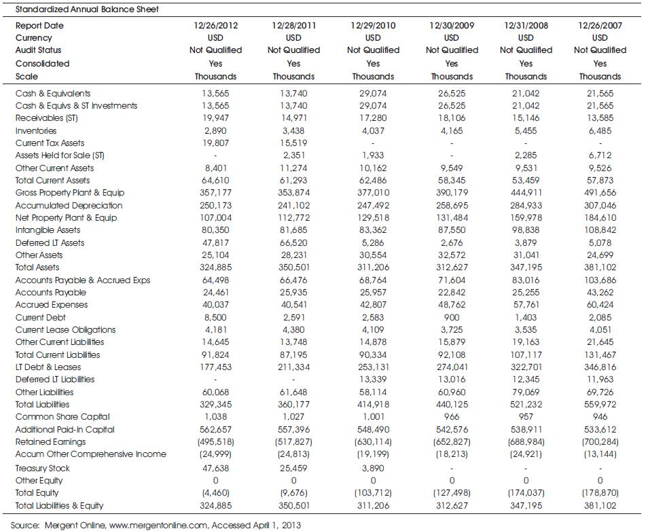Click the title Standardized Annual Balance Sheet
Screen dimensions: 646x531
[87, 9]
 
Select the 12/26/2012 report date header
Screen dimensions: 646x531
[215, 26]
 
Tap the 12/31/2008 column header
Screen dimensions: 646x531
[526, 26]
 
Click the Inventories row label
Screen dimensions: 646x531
[36, 130]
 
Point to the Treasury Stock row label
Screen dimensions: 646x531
[42, 468]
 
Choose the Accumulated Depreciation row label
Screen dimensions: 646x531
[69, 205]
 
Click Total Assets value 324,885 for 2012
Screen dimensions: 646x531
[215, 268]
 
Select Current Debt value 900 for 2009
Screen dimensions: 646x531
[452, 317]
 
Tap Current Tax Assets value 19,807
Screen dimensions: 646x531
[215, 143]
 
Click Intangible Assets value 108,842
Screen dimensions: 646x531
[600, 230]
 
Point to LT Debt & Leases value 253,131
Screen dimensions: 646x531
[373, 367]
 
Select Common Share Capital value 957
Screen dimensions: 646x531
[526, 416]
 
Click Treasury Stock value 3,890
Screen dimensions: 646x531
[373, 468]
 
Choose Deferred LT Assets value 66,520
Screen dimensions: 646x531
[293, 242]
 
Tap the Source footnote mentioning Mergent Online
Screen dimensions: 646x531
[156, 526]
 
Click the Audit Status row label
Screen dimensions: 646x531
[38, 50]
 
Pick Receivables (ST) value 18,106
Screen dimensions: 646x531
[452, 118]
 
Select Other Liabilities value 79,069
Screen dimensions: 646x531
[526, 392]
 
